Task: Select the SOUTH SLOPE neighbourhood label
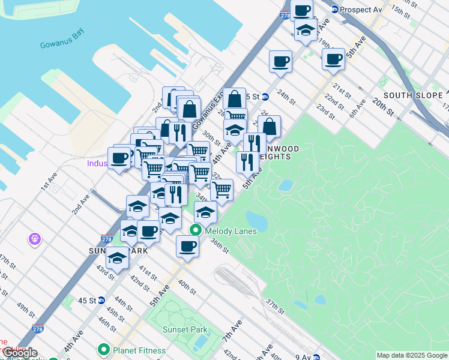pyautogui.click(x=413, y=95)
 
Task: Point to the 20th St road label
pyautogui.click(x=382, y=108)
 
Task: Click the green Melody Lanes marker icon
pyautogui.click(x=196, y=230)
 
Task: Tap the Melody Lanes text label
pyautogui.click(x=231, y=231)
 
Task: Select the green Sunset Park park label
pyautogui.click(x=185, y=329)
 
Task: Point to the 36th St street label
pyautogui.click(x=220, y=246)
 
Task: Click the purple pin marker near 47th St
pyautogui.click(x=35, y=239)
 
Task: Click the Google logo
pyautogui.click(x=20, y=353)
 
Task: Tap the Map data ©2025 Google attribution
pyautogui.click(x=411, y=355)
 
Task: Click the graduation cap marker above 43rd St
pyautogui.click(x=117, y=258)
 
